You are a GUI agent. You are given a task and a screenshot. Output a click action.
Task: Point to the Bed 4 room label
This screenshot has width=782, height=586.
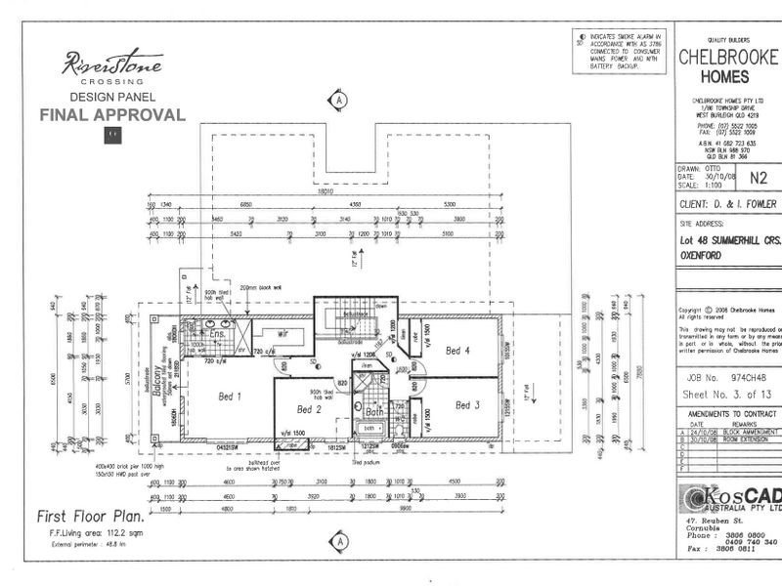point(457,350)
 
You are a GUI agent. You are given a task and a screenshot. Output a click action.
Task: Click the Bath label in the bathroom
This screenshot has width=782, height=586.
point(374,411)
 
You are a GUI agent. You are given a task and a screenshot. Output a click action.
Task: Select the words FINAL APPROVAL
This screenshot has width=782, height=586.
point(111,115)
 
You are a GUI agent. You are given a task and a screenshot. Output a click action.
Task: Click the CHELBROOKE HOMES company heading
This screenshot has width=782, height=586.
point(727,66)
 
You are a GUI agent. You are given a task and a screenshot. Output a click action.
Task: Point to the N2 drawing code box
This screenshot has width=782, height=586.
point(758,178)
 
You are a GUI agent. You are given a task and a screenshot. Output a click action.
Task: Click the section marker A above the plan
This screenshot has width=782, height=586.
point(339,100)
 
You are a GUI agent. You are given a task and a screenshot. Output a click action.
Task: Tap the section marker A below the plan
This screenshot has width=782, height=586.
point(339,540)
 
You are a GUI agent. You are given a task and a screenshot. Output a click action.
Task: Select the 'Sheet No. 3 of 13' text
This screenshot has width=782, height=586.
point(728,395)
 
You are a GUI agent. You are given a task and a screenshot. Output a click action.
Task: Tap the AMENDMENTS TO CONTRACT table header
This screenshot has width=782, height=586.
point(728,414)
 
